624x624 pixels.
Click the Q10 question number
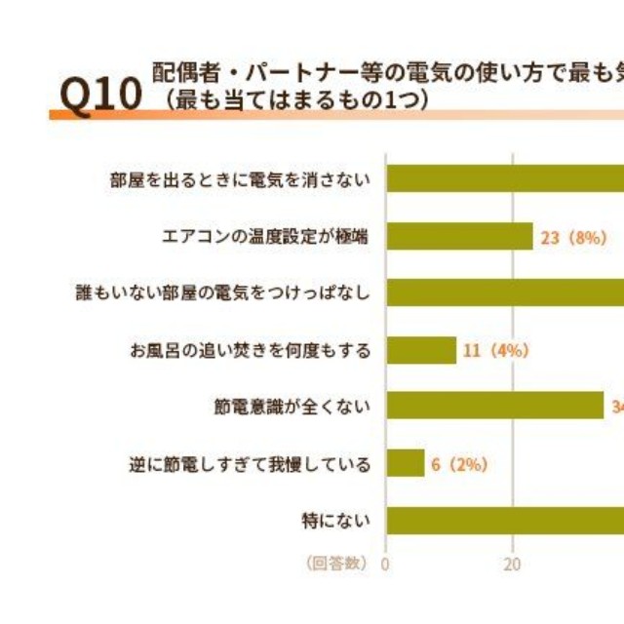pos(100,94)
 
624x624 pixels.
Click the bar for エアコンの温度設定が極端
pos(460,236)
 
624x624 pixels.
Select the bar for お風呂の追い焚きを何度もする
pos(421,350)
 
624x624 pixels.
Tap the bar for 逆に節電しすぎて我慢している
pos(406,463)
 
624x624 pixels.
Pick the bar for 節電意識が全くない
pos(495,406)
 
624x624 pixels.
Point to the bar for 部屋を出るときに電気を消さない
pos(505,178)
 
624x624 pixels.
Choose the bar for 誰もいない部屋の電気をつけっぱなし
pos(505,292)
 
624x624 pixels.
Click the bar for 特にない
pos(505,520)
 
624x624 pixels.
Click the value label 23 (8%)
pos(573,237)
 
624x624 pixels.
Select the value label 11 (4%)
pos(495,351)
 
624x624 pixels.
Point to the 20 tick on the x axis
pos(513,564)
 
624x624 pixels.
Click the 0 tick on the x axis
pos(385,564)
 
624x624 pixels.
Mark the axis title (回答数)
pos(335,564)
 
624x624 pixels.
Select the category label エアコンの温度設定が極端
pos(265,237)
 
